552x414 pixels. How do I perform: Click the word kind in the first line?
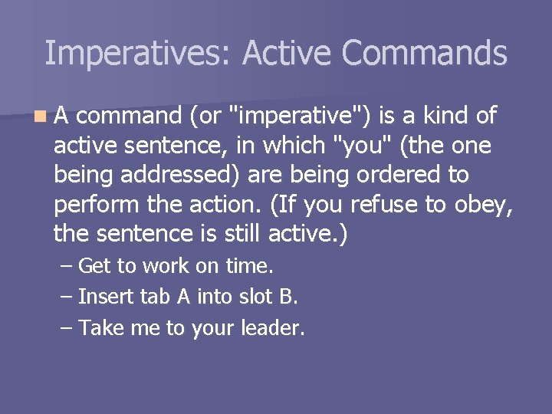click(443, 116)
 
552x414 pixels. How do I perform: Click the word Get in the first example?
click(94, 267)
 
